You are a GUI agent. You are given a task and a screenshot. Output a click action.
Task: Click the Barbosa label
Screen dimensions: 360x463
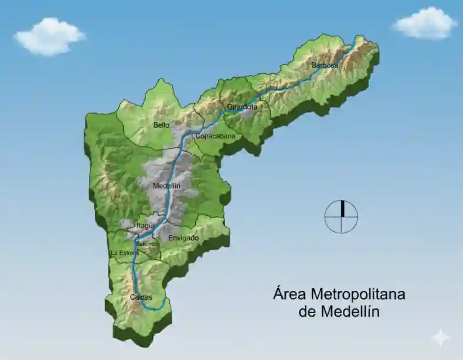click(325, 66)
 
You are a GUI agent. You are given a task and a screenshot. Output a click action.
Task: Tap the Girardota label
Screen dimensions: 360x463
click(242, 107)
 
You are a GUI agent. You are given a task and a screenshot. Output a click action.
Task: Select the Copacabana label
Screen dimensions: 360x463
click(215, 137)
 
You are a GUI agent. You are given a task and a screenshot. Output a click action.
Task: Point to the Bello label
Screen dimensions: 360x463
click(161, 125)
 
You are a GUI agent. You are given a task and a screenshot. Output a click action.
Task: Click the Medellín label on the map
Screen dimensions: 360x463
click(166, 186)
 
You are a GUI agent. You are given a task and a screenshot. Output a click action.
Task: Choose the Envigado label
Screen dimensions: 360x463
click(183, 239)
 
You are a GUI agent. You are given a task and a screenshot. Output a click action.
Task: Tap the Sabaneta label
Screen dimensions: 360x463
click(147, 244)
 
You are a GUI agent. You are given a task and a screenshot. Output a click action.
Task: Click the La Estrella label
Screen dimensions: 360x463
click(125, 253)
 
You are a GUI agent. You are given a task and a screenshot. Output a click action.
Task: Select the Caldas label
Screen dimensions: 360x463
click(141, 297)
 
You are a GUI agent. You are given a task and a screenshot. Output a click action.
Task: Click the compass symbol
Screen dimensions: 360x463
click(341, 216)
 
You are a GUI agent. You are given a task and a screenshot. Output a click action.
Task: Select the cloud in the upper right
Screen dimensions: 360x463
click(424, 23)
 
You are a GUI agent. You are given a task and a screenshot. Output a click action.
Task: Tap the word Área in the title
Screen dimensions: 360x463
click(290, 294)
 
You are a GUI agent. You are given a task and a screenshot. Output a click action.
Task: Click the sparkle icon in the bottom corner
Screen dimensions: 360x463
click(440, 337)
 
